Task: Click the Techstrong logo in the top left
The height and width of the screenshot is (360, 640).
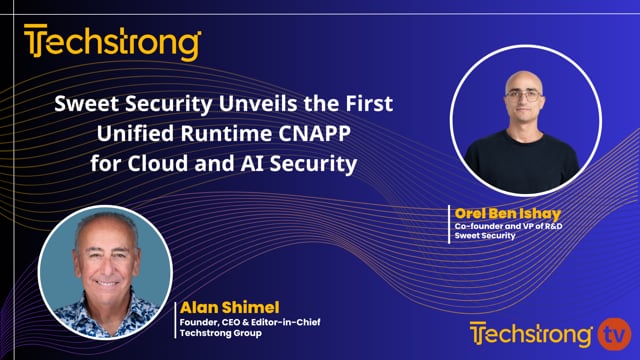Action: tap(112, 44)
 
